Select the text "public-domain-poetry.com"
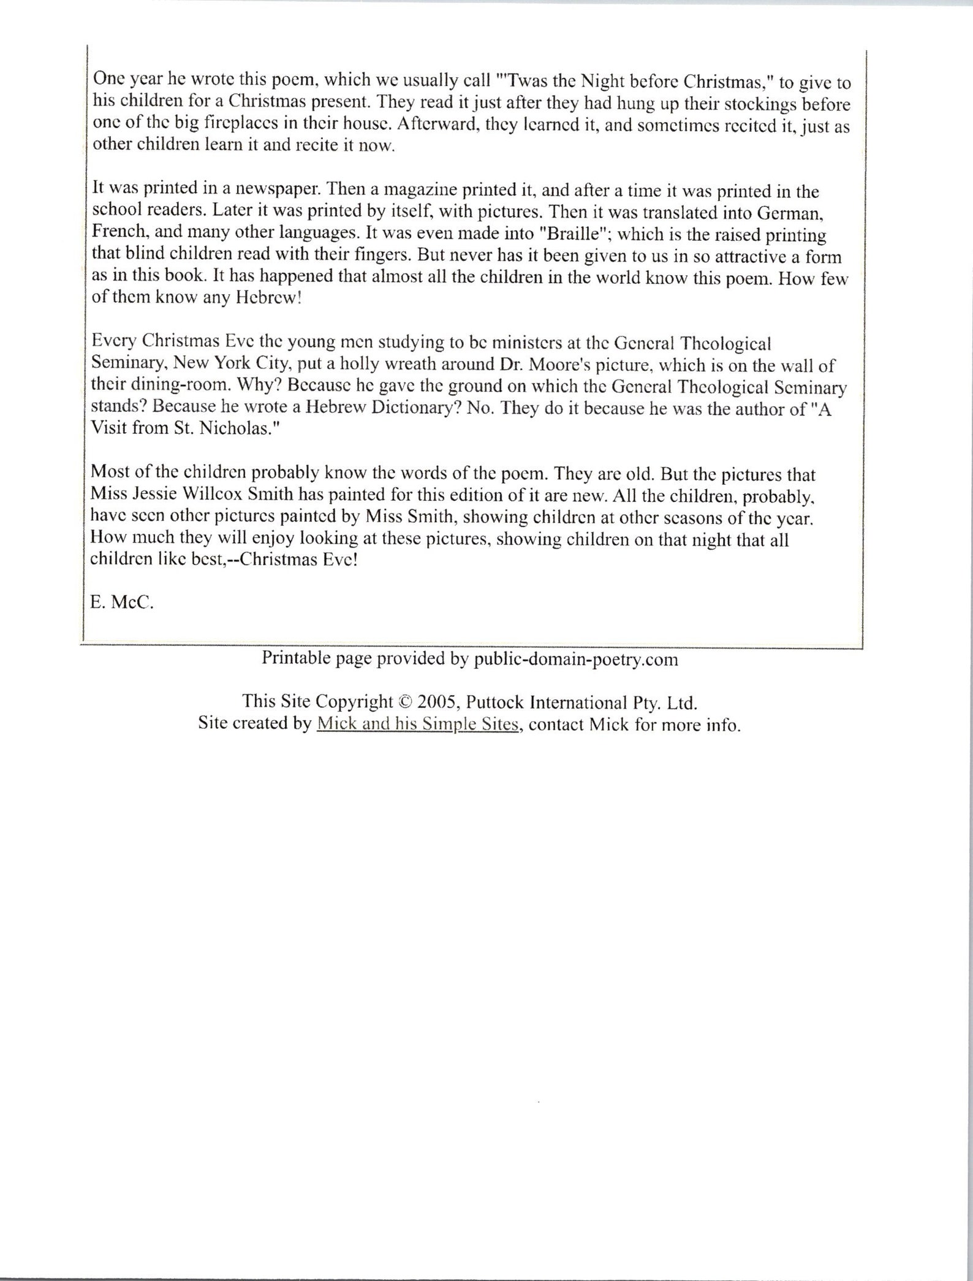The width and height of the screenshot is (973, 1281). pos(576,659)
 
